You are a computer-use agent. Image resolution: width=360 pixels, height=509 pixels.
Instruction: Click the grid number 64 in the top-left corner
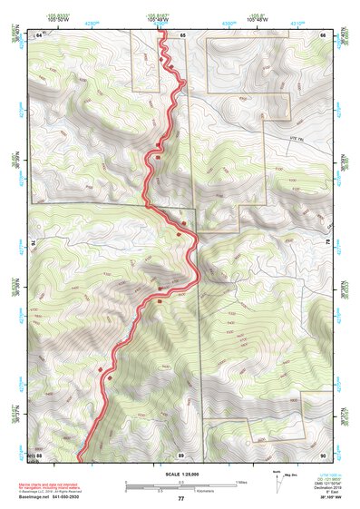(x=39, y=34)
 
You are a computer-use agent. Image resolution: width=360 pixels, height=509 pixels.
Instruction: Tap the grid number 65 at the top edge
(x=181, y=34)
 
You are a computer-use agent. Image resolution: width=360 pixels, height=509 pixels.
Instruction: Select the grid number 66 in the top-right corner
(x=324, y=34)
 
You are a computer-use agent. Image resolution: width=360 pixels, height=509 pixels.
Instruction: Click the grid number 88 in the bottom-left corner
(x=39, y=455)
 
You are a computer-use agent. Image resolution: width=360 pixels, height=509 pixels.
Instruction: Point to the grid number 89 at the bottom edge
(x=181, y=455)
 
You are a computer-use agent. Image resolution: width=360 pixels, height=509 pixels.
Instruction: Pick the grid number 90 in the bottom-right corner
(x=323, y=455)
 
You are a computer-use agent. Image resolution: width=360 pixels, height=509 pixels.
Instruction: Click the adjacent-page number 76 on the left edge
(x=25, y=244)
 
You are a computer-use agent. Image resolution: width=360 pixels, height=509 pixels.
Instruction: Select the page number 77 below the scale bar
(x=180, y=499)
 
